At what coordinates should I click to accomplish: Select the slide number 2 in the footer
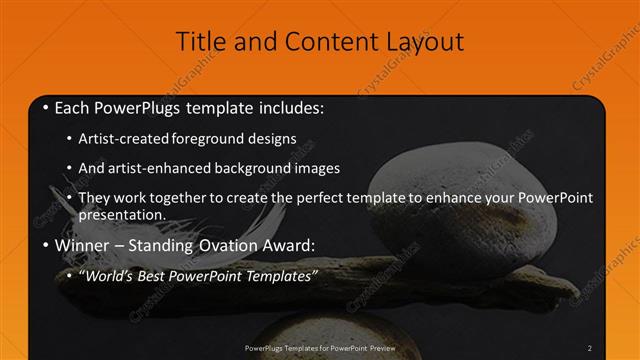[x=590, y=347]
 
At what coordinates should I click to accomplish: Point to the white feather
[x=100, y=215]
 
